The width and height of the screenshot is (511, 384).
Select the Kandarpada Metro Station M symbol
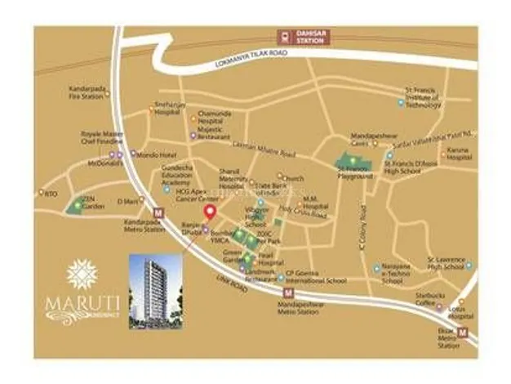(158, 212)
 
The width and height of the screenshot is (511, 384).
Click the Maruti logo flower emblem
(82, 274)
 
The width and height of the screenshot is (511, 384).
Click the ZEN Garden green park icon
(78, 207)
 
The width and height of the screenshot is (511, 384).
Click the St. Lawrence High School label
(450, 264)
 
